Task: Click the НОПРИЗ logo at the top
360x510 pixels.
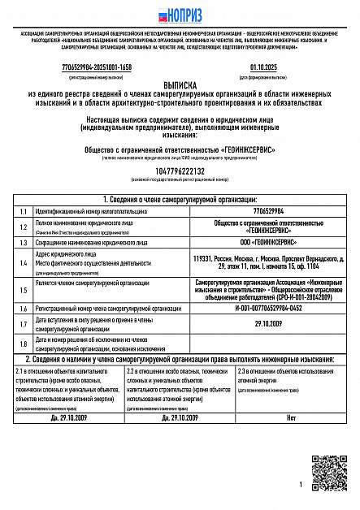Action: (x=180, y=14)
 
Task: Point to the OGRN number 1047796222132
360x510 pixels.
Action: (x=180, y=171)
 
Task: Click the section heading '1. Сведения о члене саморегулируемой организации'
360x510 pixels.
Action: (x=180, y=199)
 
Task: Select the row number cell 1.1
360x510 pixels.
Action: (x=24, y=210)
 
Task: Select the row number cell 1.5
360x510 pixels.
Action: (x=24, y=289)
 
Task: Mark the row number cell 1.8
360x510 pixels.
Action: (x=24, y=344)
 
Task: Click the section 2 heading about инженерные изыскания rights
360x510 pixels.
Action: (x=180, y=359)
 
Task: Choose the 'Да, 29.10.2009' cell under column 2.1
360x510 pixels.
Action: (x=67, y=417)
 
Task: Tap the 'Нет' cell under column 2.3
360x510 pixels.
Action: (x=291, y=417)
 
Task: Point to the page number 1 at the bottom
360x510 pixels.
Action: (x=300, y=484)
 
